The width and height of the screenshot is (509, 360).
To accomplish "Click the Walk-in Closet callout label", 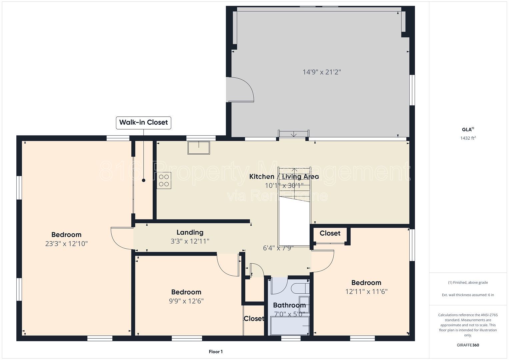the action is pyautogui.click(x=143, y=123).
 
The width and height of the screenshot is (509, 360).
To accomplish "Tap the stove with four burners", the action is pyautogui.click(x=164, y=180).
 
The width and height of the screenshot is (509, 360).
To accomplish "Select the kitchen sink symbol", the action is pyautogui.click(x=199, y=148).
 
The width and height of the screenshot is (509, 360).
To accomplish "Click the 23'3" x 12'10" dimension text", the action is pyautogui.click(x=66, y=244).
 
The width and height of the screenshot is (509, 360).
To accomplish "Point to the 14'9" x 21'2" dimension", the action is pyautogui.click(x=322, y=72).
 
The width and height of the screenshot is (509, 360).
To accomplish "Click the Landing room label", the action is pyautogui.click(x=190, y=232).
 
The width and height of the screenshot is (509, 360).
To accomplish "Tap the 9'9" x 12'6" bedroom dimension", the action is pyautogui.click(x=186, y=301).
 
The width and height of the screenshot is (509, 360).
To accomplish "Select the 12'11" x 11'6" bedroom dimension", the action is pyautogui.click(x=366, y=292).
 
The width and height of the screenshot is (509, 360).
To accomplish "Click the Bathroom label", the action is pyautogui.click(x=289, y=305).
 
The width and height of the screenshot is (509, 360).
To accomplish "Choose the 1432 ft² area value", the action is pyautogui.click(x=468, y=138).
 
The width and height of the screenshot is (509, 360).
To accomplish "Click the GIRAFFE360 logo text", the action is pyautogui.click(x=468, y=345).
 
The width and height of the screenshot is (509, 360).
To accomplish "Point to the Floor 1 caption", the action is pyautogui.click(x=216, y=352).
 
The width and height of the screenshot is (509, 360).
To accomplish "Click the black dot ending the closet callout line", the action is pyautogui.click(x=144, y=180).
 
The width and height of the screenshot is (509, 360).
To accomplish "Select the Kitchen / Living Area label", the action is pyautogui.click(x=284, y=177).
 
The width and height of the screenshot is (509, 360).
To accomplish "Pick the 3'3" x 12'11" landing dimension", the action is pyautogui.click(x=190, y=241).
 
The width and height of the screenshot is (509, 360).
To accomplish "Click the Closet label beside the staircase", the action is pyautogui.click(x=330, y=233).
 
